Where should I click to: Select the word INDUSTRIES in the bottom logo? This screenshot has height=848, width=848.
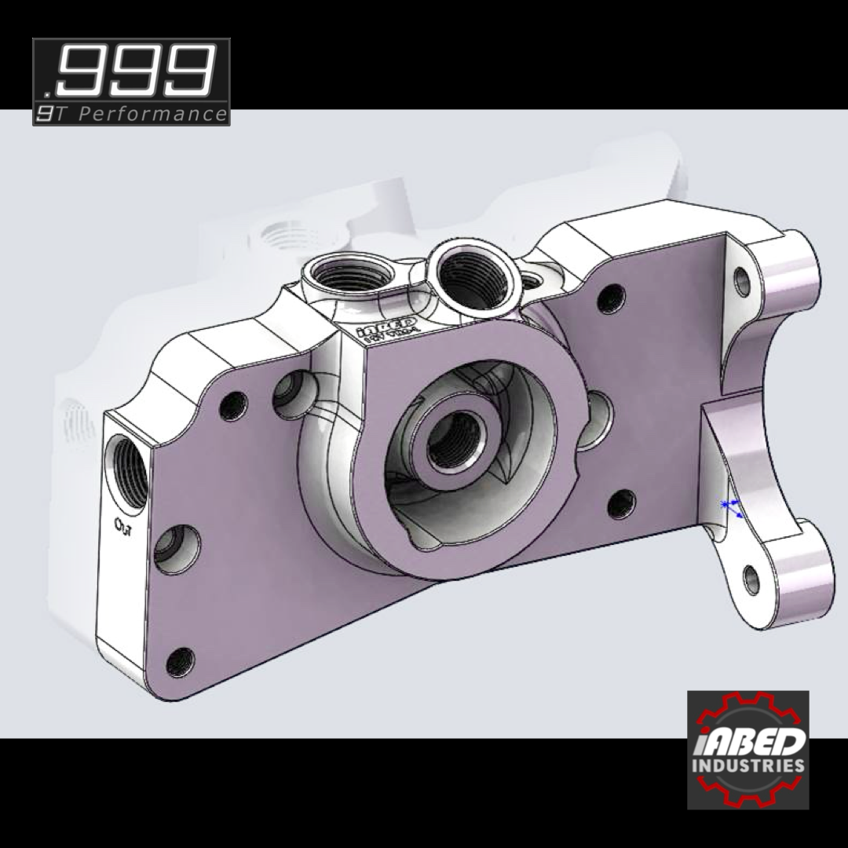747,765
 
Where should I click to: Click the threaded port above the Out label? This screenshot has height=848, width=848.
128,469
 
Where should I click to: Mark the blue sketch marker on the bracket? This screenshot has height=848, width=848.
730,506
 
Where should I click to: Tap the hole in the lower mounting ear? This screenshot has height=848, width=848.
751,579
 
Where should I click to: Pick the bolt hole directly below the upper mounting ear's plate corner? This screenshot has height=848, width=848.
610,298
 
